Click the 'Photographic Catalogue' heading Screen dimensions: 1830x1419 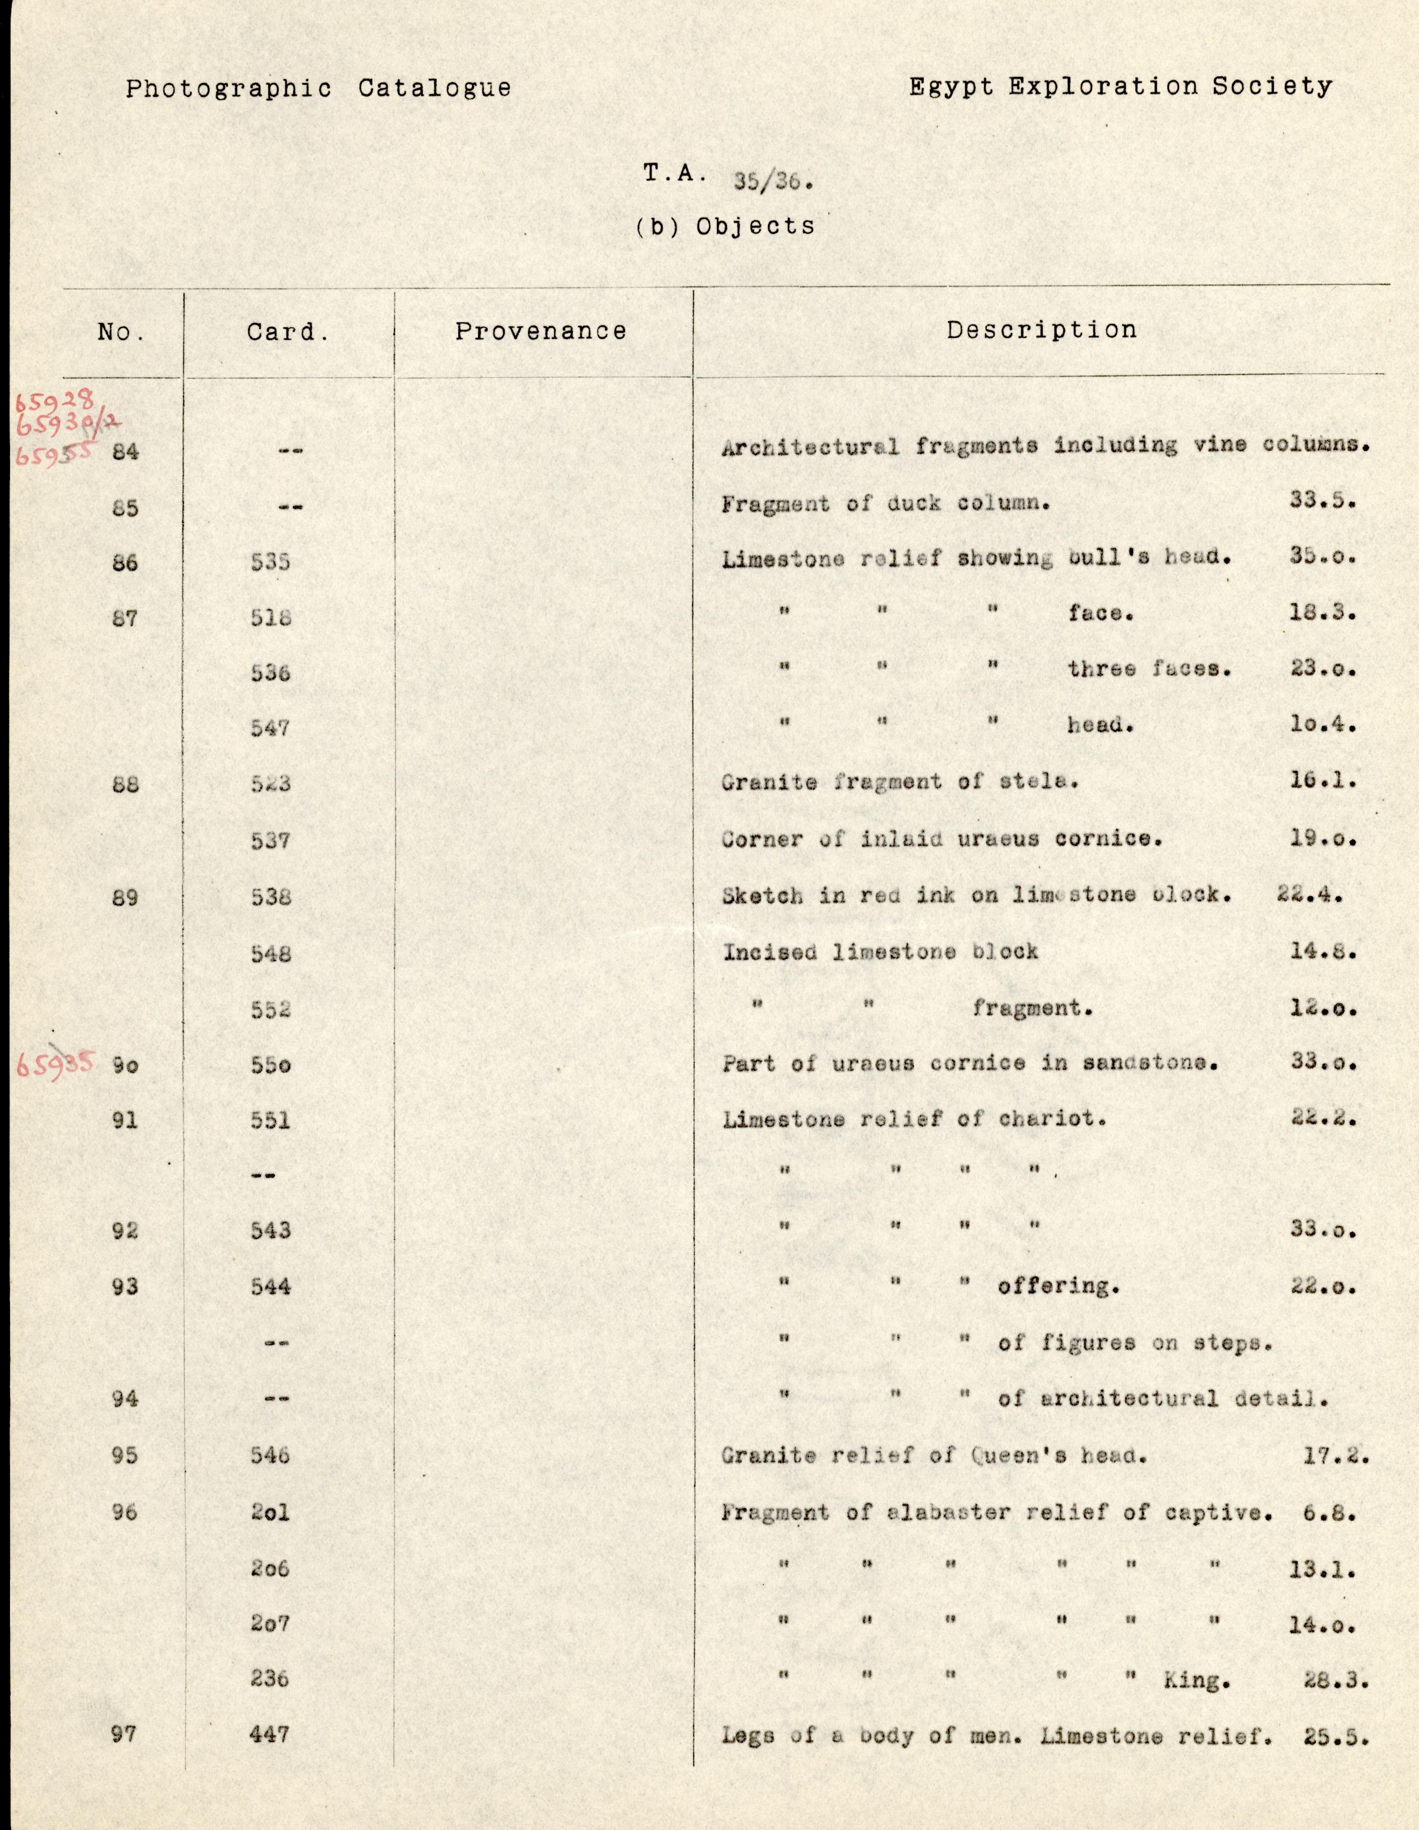[x=319, y=88]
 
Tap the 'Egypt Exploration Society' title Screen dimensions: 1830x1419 [x=1120, y=86]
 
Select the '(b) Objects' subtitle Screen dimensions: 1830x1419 [x=725, y=226]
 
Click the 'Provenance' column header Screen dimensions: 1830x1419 [x=541, y=331]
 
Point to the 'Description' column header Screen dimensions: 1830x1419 [x=1041, y=330]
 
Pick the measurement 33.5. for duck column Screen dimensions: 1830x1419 [x=1322, y=501]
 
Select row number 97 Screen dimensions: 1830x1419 [x=124, y=1734]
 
